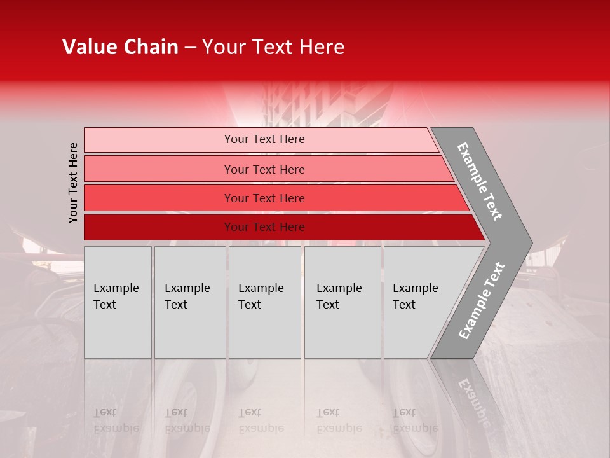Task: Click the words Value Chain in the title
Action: pos(120,47)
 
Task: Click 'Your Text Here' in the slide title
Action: pos(273,47)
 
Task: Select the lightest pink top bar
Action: pos(159,139)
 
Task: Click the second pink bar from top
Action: pos(159,169)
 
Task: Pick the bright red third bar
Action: pos(159,198)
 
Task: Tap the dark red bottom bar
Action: pos(159,227)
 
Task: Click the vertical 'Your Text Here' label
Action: pos(74,183)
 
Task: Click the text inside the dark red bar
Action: pos(264,227)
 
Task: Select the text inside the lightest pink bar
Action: pos(264,139)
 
